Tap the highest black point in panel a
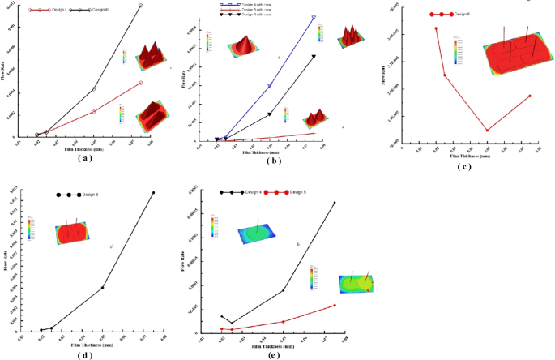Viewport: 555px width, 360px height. pyautogui.click(x=141, y=6)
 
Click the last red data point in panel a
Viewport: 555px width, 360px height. pyautogui.click(x=141, y=83)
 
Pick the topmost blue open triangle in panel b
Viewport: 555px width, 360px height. pyautogui.click(x=314, y=17)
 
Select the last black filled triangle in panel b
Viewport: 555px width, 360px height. pyautogui.click(x=314, y=57)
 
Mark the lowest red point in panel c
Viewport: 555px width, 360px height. pyautogui.click(x=487, y=130)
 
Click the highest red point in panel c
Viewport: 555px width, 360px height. pyautogui.click(x=436, y=28)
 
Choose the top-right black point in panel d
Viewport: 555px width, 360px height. pyautogui.click(x=153, y=192)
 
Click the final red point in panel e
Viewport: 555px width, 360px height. pyautogui.click(x=335, y=306)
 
